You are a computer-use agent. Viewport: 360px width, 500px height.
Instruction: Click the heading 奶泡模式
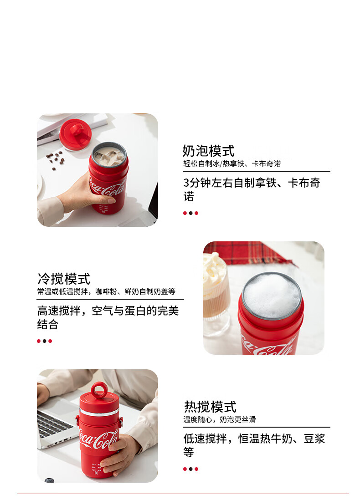pos(208,151)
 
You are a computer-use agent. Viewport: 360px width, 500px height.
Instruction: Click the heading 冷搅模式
pos(64,279)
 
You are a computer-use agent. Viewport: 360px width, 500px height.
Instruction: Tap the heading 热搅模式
pos(210,407)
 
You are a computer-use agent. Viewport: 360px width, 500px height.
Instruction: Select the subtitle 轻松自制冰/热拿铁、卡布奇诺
pos(232,163)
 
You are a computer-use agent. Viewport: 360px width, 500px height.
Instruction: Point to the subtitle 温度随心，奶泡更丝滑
pos(220,419)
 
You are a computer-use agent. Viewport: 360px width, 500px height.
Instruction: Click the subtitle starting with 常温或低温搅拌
pos(106,291)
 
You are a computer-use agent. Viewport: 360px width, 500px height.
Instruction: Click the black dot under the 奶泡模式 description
pos(190,213)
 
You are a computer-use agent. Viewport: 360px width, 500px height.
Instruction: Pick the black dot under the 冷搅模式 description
pos(44,341)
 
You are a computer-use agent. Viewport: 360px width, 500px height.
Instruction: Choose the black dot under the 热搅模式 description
pos(190,469)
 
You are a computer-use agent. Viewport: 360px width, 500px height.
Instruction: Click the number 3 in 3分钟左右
pos(187,183)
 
